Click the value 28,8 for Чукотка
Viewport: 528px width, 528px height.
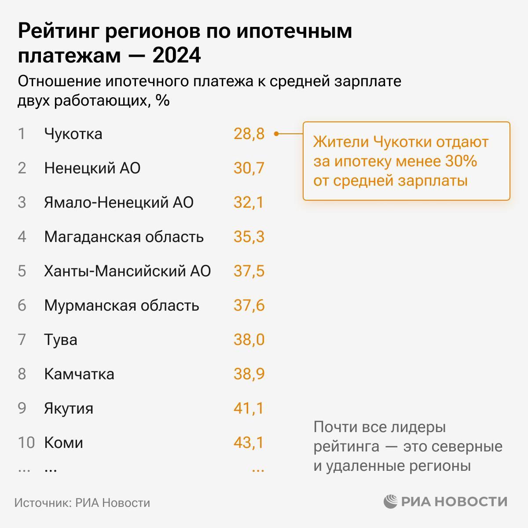pyautogui.click(x=249, y=134)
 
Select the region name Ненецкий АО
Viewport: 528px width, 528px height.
pyautogui.click(x=92, y=168)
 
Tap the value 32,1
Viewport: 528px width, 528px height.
pyautogui.click(x=249, y=202)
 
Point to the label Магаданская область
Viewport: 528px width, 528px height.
pyautogui.click(x=124, y=237)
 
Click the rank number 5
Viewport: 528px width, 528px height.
pyautogui.click(x=22, y=271)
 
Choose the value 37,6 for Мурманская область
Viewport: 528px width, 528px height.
pyautogui.click(x=249, y=305)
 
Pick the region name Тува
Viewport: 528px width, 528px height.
pyautogui.click(x=61, y=340)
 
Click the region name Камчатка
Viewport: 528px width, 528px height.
pyautogui.click(x=79, y=374)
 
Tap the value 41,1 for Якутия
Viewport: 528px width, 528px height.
pyautogui.click(x=249, y=408)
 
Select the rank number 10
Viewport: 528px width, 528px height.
pyautogui.click(x=26, y=443)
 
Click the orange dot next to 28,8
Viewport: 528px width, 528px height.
pyautogui.click(x=276, y=134)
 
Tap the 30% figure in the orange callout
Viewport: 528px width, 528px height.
pyautogui.click(x=461, y=161)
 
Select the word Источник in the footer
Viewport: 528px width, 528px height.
pyautogui.click(x=41, y=503)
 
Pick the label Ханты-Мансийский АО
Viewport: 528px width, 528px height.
pyautogui.click(x=128, y=271)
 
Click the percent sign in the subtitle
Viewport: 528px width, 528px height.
pyautogui.click(x=162, y=101)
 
